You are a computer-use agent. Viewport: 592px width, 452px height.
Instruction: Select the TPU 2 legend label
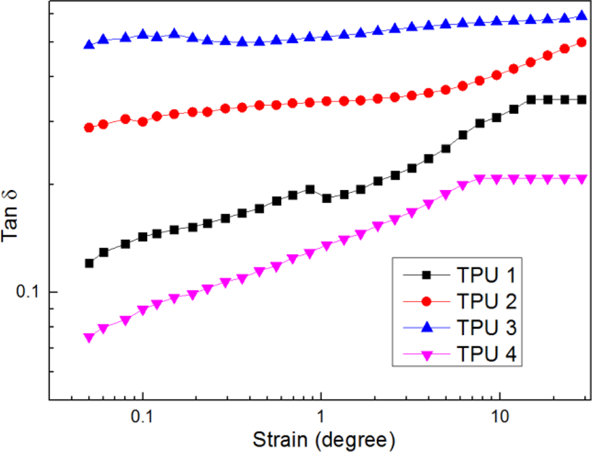[485, 302]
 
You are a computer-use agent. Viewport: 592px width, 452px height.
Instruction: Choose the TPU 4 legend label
[485, 355]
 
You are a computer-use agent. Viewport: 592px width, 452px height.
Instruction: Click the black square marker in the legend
[427, 275]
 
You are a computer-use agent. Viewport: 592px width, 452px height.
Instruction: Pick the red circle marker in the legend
[427, 301]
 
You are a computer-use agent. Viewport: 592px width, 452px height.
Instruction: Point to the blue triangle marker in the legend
[427, 328]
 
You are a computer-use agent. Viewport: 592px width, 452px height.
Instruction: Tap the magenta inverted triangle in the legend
[427, 355]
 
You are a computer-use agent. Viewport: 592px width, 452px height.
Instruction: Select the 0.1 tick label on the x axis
[142, 416]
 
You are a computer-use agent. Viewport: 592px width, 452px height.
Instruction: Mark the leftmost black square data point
[89, 263]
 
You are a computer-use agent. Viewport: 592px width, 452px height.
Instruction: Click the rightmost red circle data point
[581, 42]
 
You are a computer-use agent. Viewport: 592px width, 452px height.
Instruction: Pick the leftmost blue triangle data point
[89, 44]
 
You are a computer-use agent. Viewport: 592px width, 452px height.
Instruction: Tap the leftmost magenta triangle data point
[88, 337]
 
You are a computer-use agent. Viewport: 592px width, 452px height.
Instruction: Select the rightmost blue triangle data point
[581, 16]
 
